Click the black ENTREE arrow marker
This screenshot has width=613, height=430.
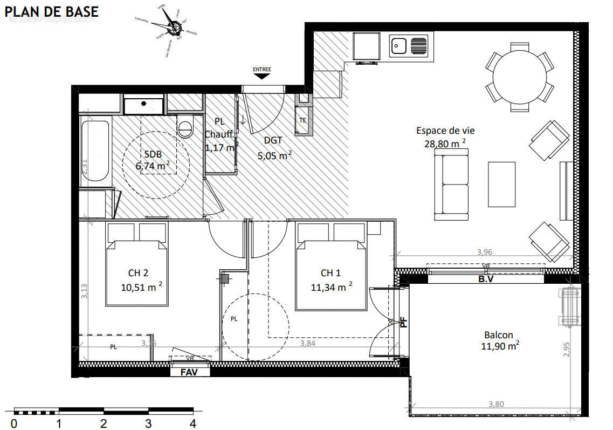pos(262,76)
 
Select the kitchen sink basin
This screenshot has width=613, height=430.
pos(400,46)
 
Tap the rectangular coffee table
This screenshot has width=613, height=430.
pos(501,185)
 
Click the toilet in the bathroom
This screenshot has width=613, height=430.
pos(186,127)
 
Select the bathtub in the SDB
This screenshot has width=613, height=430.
pos(95,154)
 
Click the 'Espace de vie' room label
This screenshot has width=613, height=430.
pos(445,130)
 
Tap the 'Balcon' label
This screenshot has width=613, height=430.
pos(498,335)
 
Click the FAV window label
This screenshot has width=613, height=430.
pos(188,372)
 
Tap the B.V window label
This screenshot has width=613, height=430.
pos(486,279)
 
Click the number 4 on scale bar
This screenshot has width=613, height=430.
pos(192,424)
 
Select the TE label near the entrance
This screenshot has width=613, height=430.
pos(303,120)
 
